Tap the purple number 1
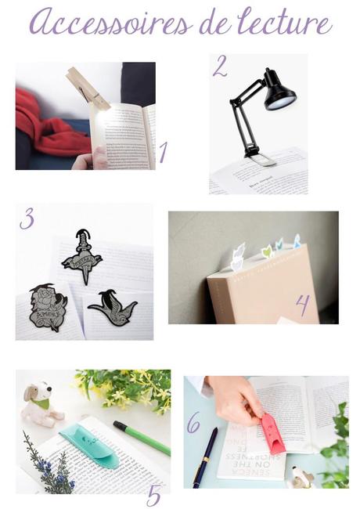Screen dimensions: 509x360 pyautogui.click(x=163, y=151)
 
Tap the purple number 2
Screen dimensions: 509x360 pyautogui.click(x=220, y=67)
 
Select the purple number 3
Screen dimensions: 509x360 pyautogui.click(x=27, y=218)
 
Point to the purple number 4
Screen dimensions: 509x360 pyautogui.click(x=303, y=305)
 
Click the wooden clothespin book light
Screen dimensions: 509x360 pyautogui.click(x=87, y=88)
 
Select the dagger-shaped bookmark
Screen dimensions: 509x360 pyautogui.click(x=82, y=255)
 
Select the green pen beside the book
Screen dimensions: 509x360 pyautogui.click(x=142, y=438)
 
